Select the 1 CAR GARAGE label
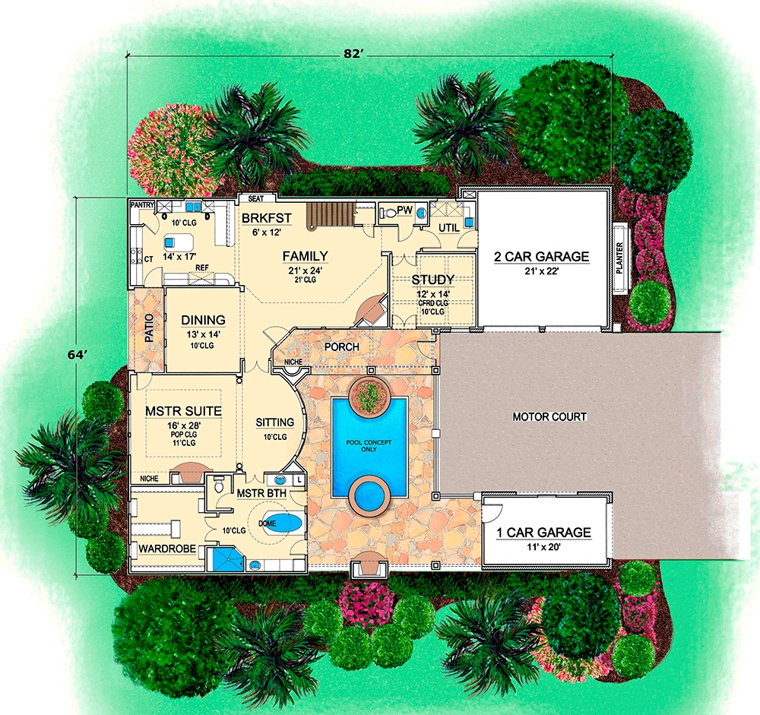click(x=544, y=533)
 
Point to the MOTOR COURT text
click(x=549, y=417)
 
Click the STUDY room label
click(x=433, y=280)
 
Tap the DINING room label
click(x=203, y=320)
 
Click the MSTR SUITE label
click(x=183, y=411)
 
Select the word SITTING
click(x=275, y=422)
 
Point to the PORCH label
click(x=341, y=347)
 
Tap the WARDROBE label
click(x=166, y=548)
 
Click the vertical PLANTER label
click(x=621, y=258)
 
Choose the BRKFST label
click(x=268, y=218)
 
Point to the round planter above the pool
click(x=370, y=394)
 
